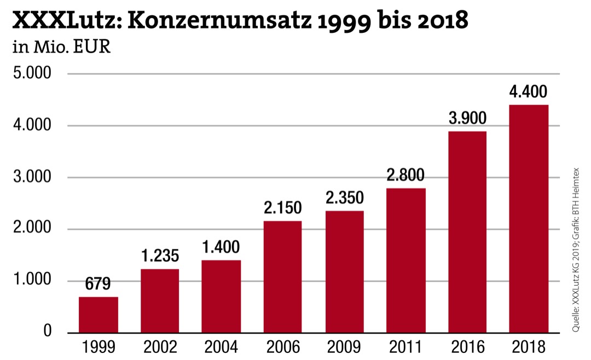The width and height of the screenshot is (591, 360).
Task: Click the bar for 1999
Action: click(x=99, y=315)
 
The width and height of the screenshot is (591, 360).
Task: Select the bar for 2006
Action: click(x=282, y=276)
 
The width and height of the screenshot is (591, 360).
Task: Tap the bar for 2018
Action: click(x=528, y=219)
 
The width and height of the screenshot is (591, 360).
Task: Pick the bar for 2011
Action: click(x=405, y=260)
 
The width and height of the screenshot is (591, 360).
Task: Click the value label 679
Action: click(x=98, y=284)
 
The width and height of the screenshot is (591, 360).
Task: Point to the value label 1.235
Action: click(x=160, y=256)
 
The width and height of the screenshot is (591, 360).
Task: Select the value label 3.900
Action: click(x=467, y=118)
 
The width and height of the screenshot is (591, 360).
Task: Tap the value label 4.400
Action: click(x=528, y=91)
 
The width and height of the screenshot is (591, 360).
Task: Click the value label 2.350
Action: click(x=344, y=198)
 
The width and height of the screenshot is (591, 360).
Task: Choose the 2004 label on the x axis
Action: click(x=221, y=347)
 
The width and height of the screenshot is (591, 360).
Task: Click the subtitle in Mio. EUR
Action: click(x=61, y=48)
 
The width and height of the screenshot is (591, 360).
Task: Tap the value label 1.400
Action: click(x=221, y=247)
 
